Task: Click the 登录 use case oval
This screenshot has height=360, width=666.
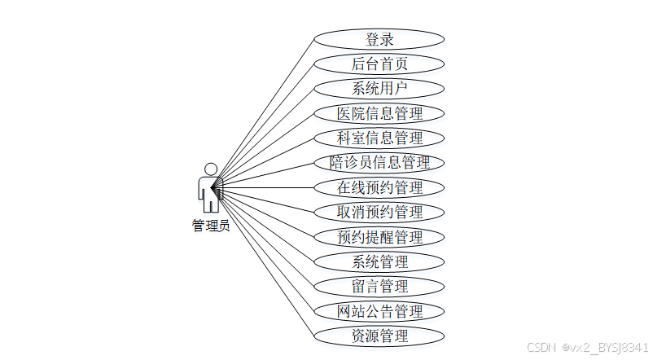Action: point(379,39)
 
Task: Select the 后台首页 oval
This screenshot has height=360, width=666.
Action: point(379,64)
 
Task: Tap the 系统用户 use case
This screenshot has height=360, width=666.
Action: point(379,89)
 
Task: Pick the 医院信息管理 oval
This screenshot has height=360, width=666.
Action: point(379,113)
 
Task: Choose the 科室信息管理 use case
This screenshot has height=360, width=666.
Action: point(379,138)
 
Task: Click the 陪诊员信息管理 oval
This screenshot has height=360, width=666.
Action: point(379,163)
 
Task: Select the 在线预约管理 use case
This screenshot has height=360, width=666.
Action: point(379,187)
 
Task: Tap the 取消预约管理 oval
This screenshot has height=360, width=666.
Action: point(379,212)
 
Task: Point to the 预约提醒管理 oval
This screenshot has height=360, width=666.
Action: point(379,237)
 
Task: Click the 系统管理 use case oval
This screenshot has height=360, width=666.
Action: point(379,261)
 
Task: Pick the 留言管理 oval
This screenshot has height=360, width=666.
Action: point(379,286)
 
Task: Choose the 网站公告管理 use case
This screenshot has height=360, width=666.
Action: point(379,311)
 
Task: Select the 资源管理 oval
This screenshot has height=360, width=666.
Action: point(379,336)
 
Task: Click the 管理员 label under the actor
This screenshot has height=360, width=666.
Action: point(211,226)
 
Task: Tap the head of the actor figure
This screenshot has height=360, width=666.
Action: point(211,169)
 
